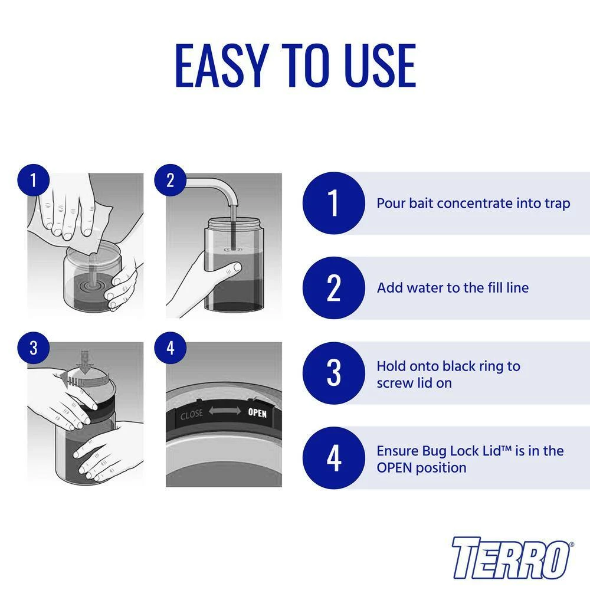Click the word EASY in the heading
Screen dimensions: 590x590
tap(222, 65)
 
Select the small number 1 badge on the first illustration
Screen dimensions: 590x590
tap(34, 180)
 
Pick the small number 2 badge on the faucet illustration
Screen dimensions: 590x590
tap(171, 180)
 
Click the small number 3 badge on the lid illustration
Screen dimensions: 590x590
tap(34, 348)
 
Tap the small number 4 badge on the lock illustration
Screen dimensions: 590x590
tap(171, 348)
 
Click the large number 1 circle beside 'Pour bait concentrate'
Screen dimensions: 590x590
tap(334, 203)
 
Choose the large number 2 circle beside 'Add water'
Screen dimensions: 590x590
tap(334, 288)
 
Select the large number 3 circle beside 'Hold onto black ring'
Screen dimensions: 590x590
tap(334, 373)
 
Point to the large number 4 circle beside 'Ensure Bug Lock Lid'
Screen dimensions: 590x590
tap(334, 458)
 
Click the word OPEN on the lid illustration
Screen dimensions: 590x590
tap(257, 413)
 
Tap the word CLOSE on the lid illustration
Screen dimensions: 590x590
tap(192, 415)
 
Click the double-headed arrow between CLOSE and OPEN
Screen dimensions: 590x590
tap(225, 411)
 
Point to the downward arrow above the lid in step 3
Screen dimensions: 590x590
tap(85, 362)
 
